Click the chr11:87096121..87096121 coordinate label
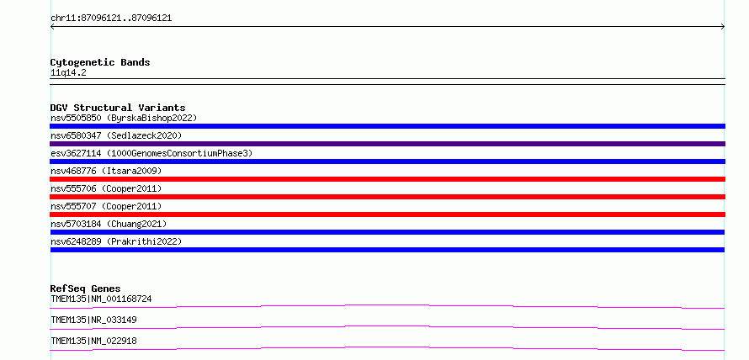pos(111,19)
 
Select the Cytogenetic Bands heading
pos(100,62)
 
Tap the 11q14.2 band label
pos(68,73)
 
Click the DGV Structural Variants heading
pos(118,108)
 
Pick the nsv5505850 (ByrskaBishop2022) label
pos(124,118)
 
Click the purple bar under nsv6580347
pos(387,144)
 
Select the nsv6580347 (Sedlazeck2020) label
pos(116,135)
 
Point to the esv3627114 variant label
pos(151,153)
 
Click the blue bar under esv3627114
pos(387,161)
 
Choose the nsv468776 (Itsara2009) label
pos(106,171)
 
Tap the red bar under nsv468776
pos(387,179)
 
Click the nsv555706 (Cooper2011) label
pos(106,188)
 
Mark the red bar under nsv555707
pos(387,214)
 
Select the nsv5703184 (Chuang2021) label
pos(109,224)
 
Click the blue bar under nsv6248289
pos(387,250)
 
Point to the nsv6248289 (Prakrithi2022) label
pos(116,241)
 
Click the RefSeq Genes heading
pos(86,289)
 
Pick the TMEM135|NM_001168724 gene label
pos(101,299)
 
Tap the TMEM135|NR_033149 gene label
pos(93,320)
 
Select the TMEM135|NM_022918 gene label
pos(93,341)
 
